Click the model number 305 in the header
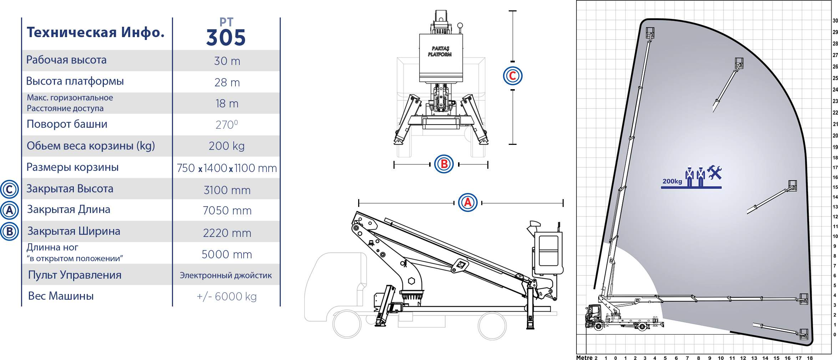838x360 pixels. pyautogui.click(x=226, y=38)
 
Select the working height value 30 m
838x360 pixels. pyautogui.click(x=227, y=61)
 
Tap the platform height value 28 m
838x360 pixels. pyautogui.click(x=227, y=82)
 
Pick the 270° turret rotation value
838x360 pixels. pyautogui.click(x=227, y=125)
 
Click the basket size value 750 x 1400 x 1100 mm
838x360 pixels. pyautogui.click(x=227, y=168)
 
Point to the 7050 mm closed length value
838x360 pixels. pyautogui.click(x=227, y=211)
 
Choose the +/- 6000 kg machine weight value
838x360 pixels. pyautogui.click(x=227, y=296)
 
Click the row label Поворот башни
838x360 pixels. pyautogui.click(x=67, y=124)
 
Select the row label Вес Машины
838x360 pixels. pyautogui.click(x=61, y=296)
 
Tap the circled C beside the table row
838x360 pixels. pyautogui.click(x=9, y=189)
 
